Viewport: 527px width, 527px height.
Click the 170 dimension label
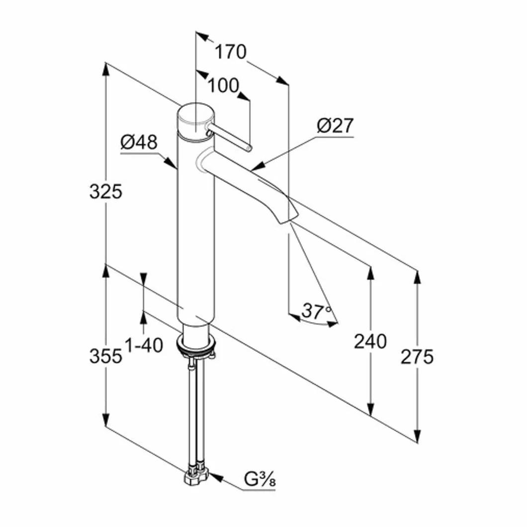(231, 52)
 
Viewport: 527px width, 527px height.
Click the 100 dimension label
(224, 86)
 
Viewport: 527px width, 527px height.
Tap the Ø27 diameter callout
(335, 126)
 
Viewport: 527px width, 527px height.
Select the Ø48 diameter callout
(139, 142)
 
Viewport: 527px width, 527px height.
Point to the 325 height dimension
(105, 191)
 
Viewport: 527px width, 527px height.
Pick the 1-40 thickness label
(144, 345)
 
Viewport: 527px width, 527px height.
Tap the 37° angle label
(316, 311)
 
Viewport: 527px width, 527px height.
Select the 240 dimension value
(370, 342)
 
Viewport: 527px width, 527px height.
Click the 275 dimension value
(417, 356)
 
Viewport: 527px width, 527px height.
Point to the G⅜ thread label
(260, 479)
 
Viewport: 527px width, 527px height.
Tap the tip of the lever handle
(248, 148)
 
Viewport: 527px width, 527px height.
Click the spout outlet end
(287, 218)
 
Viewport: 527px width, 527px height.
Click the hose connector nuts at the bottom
(196, 474)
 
